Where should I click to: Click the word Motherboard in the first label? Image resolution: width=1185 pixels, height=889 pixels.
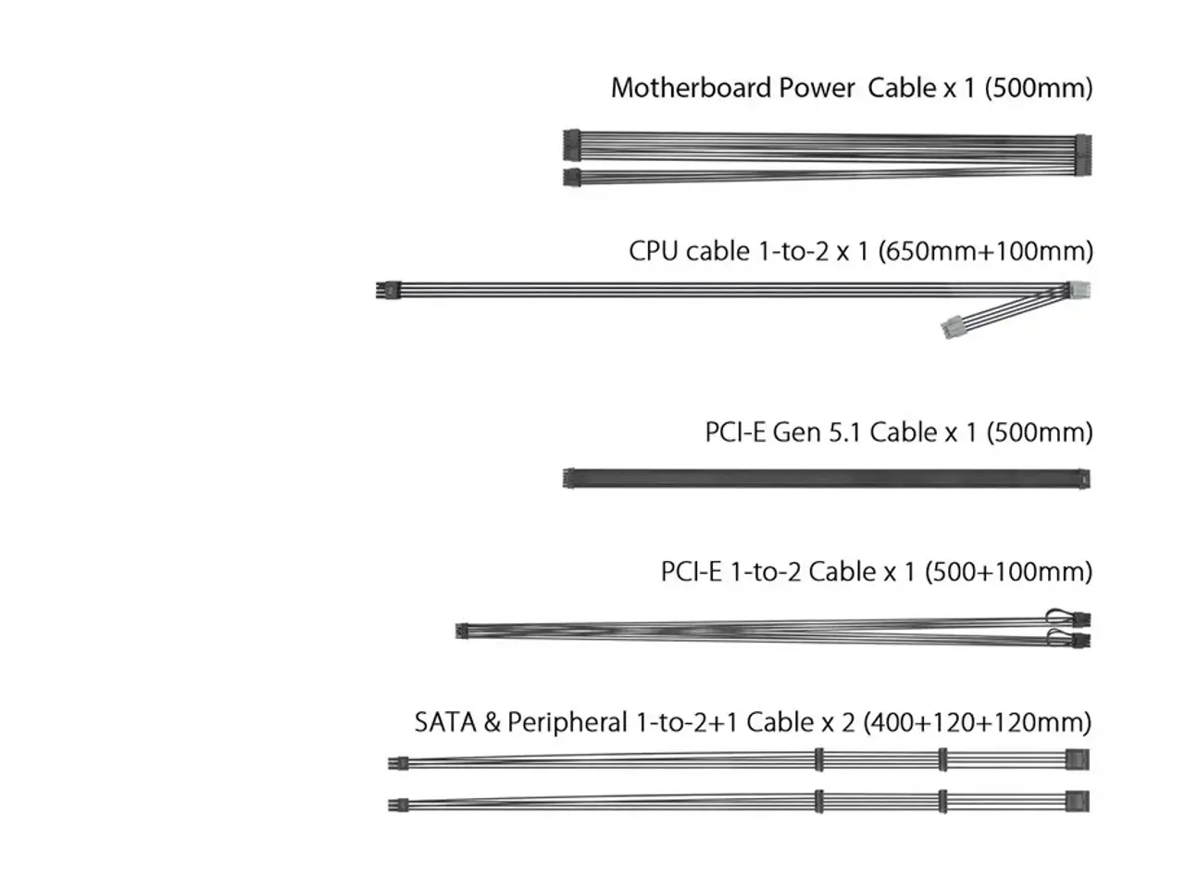click(691, 87)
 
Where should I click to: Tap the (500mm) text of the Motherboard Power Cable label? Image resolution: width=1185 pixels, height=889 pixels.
click(1038, 88)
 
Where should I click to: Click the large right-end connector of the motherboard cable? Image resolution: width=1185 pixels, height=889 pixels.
click(1083, 155)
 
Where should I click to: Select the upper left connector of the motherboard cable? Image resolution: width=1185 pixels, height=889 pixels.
click(572, 145)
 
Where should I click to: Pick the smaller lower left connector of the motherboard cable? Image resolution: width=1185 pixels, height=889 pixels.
click(572, 177)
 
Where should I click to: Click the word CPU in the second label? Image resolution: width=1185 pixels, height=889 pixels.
click(653, 251)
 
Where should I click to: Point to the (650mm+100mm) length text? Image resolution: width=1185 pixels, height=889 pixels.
click(985, 252)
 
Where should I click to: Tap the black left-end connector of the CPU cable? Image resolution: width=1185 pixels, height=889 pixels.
click(388, 290)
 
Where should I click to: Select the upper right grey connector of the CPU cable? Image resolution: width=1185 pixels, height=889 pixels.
click(1079, 291)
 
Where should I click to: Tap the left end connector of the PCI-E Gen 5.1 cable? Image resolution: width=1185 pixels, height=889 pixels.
click(568, 478)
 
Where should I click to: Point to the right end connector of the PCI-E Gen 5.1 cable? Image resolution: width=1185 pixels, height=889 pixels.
click(1084, 479)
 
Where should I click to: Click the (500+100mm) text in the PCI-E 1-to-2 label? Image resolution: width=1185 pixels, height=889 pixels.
click(1008, 572)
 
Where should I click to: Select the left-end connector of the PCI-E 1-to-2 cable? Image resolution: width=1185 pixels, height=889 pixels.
click(462, 631)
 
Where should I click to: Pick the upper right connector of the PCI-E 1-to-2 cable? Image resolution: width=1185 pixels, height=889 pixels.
click(1080, 620)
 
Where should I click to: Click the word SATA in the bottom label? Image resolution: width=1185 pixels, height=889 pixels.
click(445, 722)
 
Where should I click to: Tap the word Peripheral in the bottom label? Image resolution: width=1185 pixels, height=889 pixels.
click(567, 722)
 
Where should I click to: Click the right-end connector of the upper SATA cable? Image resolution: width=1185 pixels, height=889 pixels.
click(1078, 759)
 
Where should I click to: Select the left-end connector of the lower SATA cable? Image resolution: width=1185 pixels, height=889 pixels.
click(398, 805)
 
